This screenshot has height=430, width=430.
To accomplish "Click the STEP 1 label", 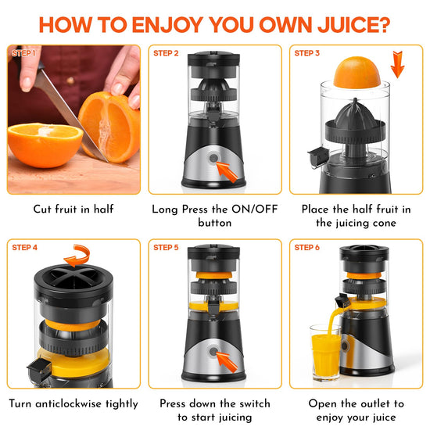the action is click(23, 53).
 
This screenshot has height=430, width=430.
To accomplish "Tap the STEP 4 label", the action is click(25, 248).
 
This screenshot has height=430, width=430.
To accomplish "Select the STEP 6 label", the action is click(307, 248).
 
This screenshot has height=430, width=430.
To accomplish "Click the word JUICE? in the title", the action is click(353, 25).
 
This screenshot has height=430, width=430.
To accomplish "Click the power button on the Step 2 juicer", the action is click(213, 158).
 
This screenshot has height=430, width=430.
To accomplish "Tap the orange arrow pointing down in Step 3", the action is click(398, 64).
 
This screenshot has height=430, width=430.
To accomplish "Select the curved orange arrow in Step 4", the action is click(77, 256).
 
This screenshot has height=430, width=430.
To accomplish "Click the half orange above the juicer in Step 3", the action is click(357, 73).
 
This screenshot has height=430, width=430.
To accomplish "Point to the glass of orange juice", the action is click(325, 352).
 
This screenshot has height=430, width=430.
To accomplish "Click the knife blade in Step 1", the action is click(70, 115).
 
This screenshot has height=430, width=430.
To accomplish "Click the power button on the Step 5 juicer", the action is click(213, 351).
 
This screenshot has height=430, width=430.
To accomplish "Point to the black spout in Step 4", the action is click(39, 368).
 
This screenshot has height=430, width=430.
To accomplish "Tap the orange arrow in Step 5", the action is click(227, 362).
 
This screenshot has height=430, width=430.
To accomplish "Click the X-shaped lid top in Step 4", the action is click(73, 279).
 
